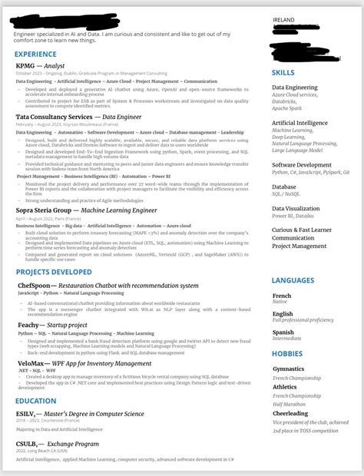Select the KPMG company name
click(x=26, y=66)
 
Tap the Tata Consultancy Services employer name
click(x=54, y=117)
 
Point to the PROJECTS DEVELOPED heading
click(x=53, y=272)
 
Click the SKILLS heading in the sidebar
click(x=283, y=72)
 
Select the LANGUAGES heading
click(x=293, y=280)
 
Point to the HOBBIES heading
click(x=287, y=353)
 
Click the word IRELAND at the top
click(x=285, y=21)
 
